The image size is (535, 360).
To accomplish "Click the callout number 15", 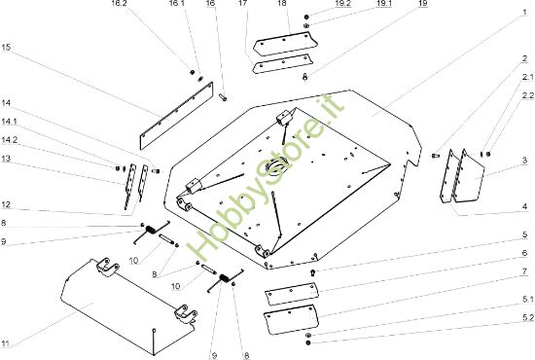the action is (x=6, y=47).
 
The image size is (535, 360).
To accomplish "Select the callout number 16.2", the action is (x=120, y=4).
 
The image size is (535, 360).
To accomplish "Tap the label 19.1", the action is (x=383, y=4).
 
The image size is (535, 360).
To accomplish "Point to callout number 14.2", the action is (x=9, y=140).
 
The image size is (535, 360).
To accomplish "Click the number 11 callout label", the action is (x=6, y=342).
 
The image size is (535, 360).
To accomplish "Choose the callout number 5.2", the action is (x=527, y=318).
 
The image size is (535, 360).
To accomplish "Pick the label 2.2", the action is (x=527, y=96).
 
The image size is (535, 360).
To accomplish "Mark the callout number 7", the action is (x=524, y=271).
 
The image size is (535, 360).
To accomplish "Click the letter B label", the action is (x=155, y=274).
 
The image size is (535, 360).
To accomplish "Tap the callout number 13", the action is (x=6, y=159).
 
